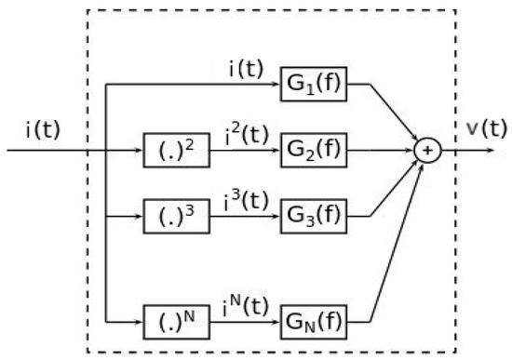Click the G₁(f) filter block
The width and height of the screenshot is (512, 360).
(x=313, y=86)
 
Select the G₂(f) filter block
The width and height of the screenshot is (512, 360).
(x=313, y=150)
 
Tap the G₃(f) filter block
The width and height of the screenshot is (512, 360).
(x=313, y=214)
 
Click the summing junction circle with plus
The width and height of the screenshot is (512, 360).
(x=426, y=150)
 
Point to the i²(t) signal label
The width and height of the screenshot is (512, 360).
(x=245, y=132)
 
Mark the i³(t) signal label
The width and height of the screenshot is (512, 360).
(x=245, y=196)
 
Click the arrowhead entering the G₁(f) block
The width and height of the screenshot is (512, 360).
(x=276, y=86)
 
